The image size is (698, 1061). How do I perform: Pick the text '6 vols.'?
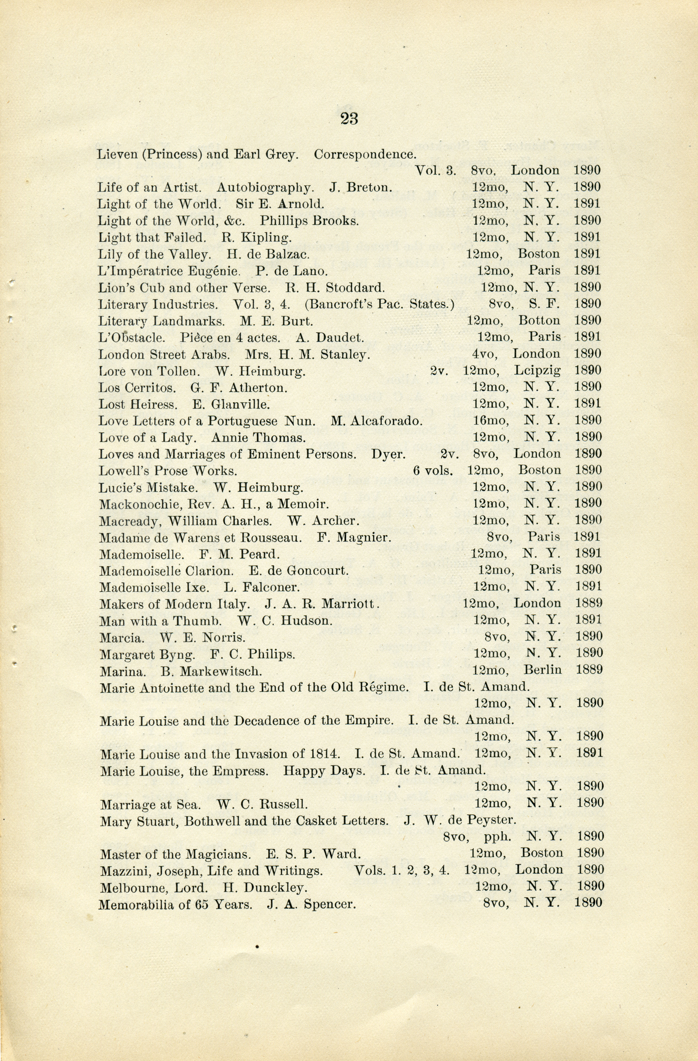click(432, 470)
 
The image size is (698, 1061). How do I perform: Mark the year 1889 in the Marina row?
click(589, 670)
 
